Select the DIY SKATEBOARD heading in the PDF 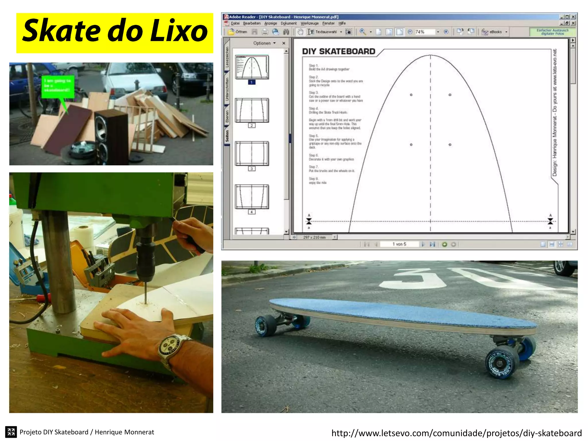[339, 51]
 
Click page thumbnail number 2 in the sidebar [252, 111]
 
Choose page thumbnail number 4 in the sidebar [252, 197]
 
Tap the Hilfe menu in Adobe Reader [342, 24]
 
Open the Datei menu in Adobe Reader [235, 24]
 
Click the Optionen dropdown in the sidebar [264, 43]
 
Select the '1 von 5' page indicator [399, 244]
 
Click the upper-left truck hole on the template [411, 95]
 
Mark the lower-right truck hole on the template [450, 145]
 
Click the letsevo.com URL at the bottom [457, 433]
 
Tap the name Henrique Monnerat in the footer [124, 432]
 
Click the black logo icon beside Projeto [11, 432]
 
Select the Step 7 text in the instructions [332, 169]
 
